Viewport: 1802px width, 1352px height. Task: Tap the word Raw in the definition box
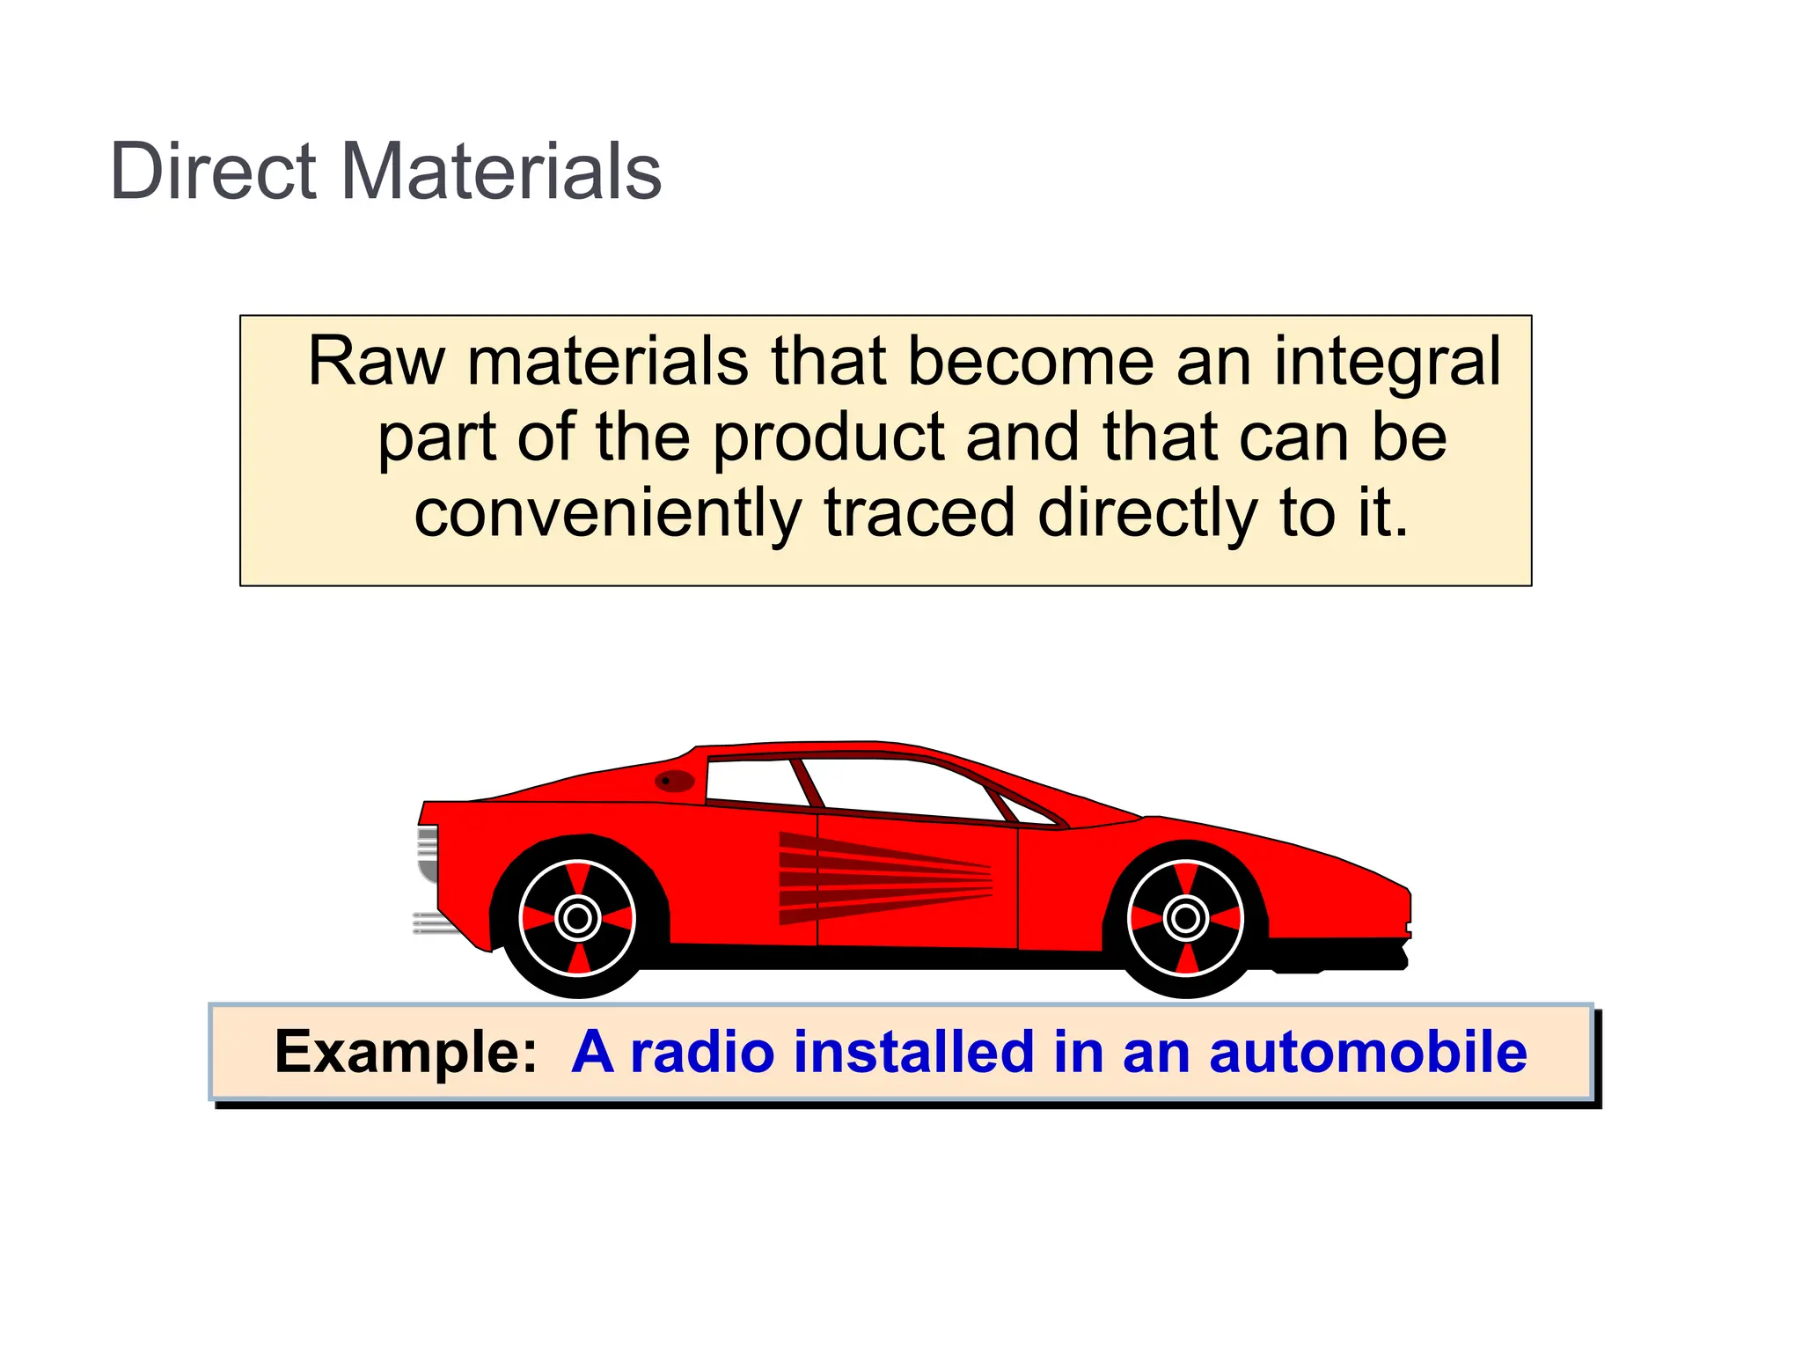click(x=376, y=362)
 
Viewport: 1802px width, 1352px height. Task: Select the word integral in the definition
click(x=1388, y=364)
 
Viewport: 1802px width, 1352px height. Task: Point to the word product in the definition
click(x=828, y=438)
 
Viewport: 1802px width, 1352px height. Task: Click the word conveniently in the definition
click(x=607, y=514)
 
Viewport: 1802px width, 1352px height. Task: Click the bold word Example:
click(x=406, y=1052)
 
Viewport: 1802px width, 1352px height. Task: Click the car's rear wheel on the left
click(x=577, y=918)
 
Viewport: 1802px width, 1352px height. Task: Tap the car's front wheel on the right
click(x=1185, y=918)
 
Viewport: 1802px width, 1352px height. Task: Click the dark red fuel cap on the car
click(x=675, y=781)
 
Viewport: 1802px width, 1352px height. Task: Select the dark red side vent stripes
click(x=880, y=878)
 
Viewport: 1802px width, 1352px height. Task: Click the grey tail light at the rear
click(x=428, y=852)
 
